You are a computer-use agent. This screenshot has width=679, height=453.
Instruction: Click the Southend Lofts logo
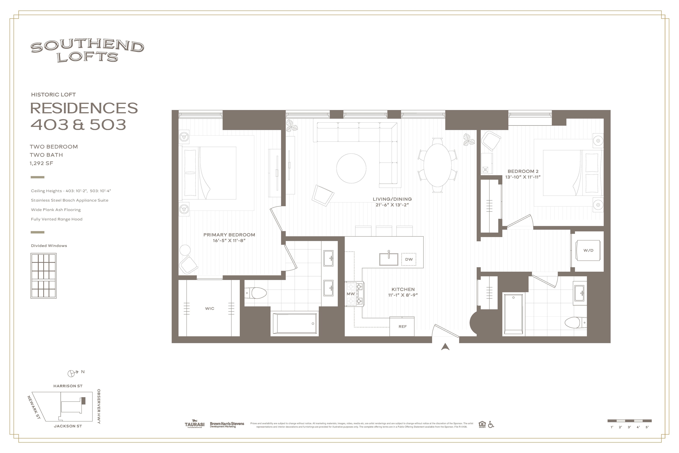click(87, 51)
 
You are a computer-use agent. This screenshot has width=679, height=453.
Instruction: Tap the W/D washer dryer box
click(588, 250)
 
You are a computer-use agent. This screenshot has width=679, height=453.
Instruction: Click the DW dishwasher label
click(409, 259)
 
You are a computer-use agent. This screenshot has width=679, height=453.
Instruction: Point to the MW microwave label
click(351, 294)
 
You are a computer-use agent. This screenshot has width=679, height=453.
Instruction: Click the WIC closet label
click(210, 309)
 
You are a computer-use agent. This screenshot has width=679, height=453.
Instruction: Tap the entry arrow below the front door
click(445, 347)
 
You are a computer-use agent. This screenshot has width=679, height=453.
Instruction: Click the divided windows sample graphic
click(44, 276)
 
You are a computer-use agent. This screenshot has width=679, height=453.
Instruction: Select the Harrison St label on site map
click(68, 386)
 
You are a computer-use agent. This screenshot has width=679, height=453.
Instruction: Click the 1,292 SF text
click(41, 163)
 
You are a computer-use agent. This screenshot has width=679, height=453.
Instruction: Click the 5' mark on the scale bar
click(647, 427)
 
